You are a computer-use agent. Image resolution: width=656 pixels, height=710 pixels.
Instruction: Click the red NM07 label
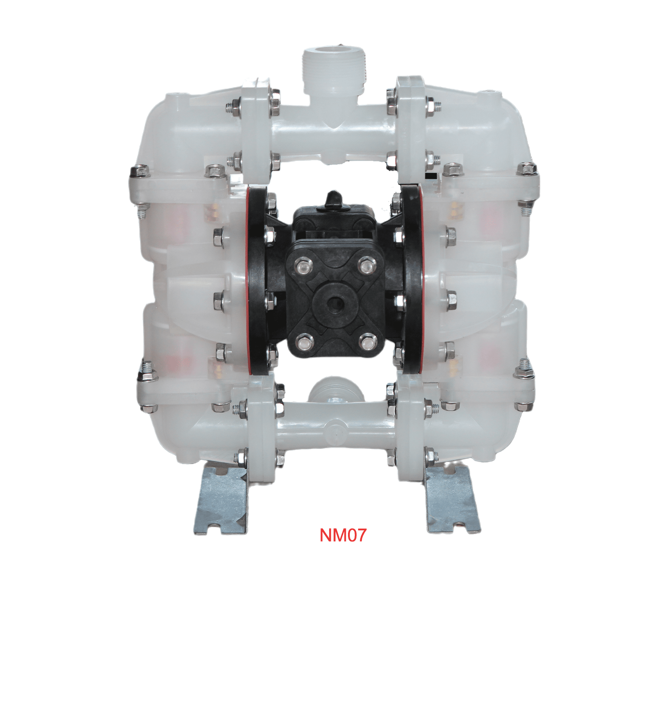[x=343, y=535]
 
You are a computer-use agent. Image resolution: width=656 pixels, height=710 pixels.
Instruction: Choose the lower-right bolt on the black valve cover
[x=367, y=342]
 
